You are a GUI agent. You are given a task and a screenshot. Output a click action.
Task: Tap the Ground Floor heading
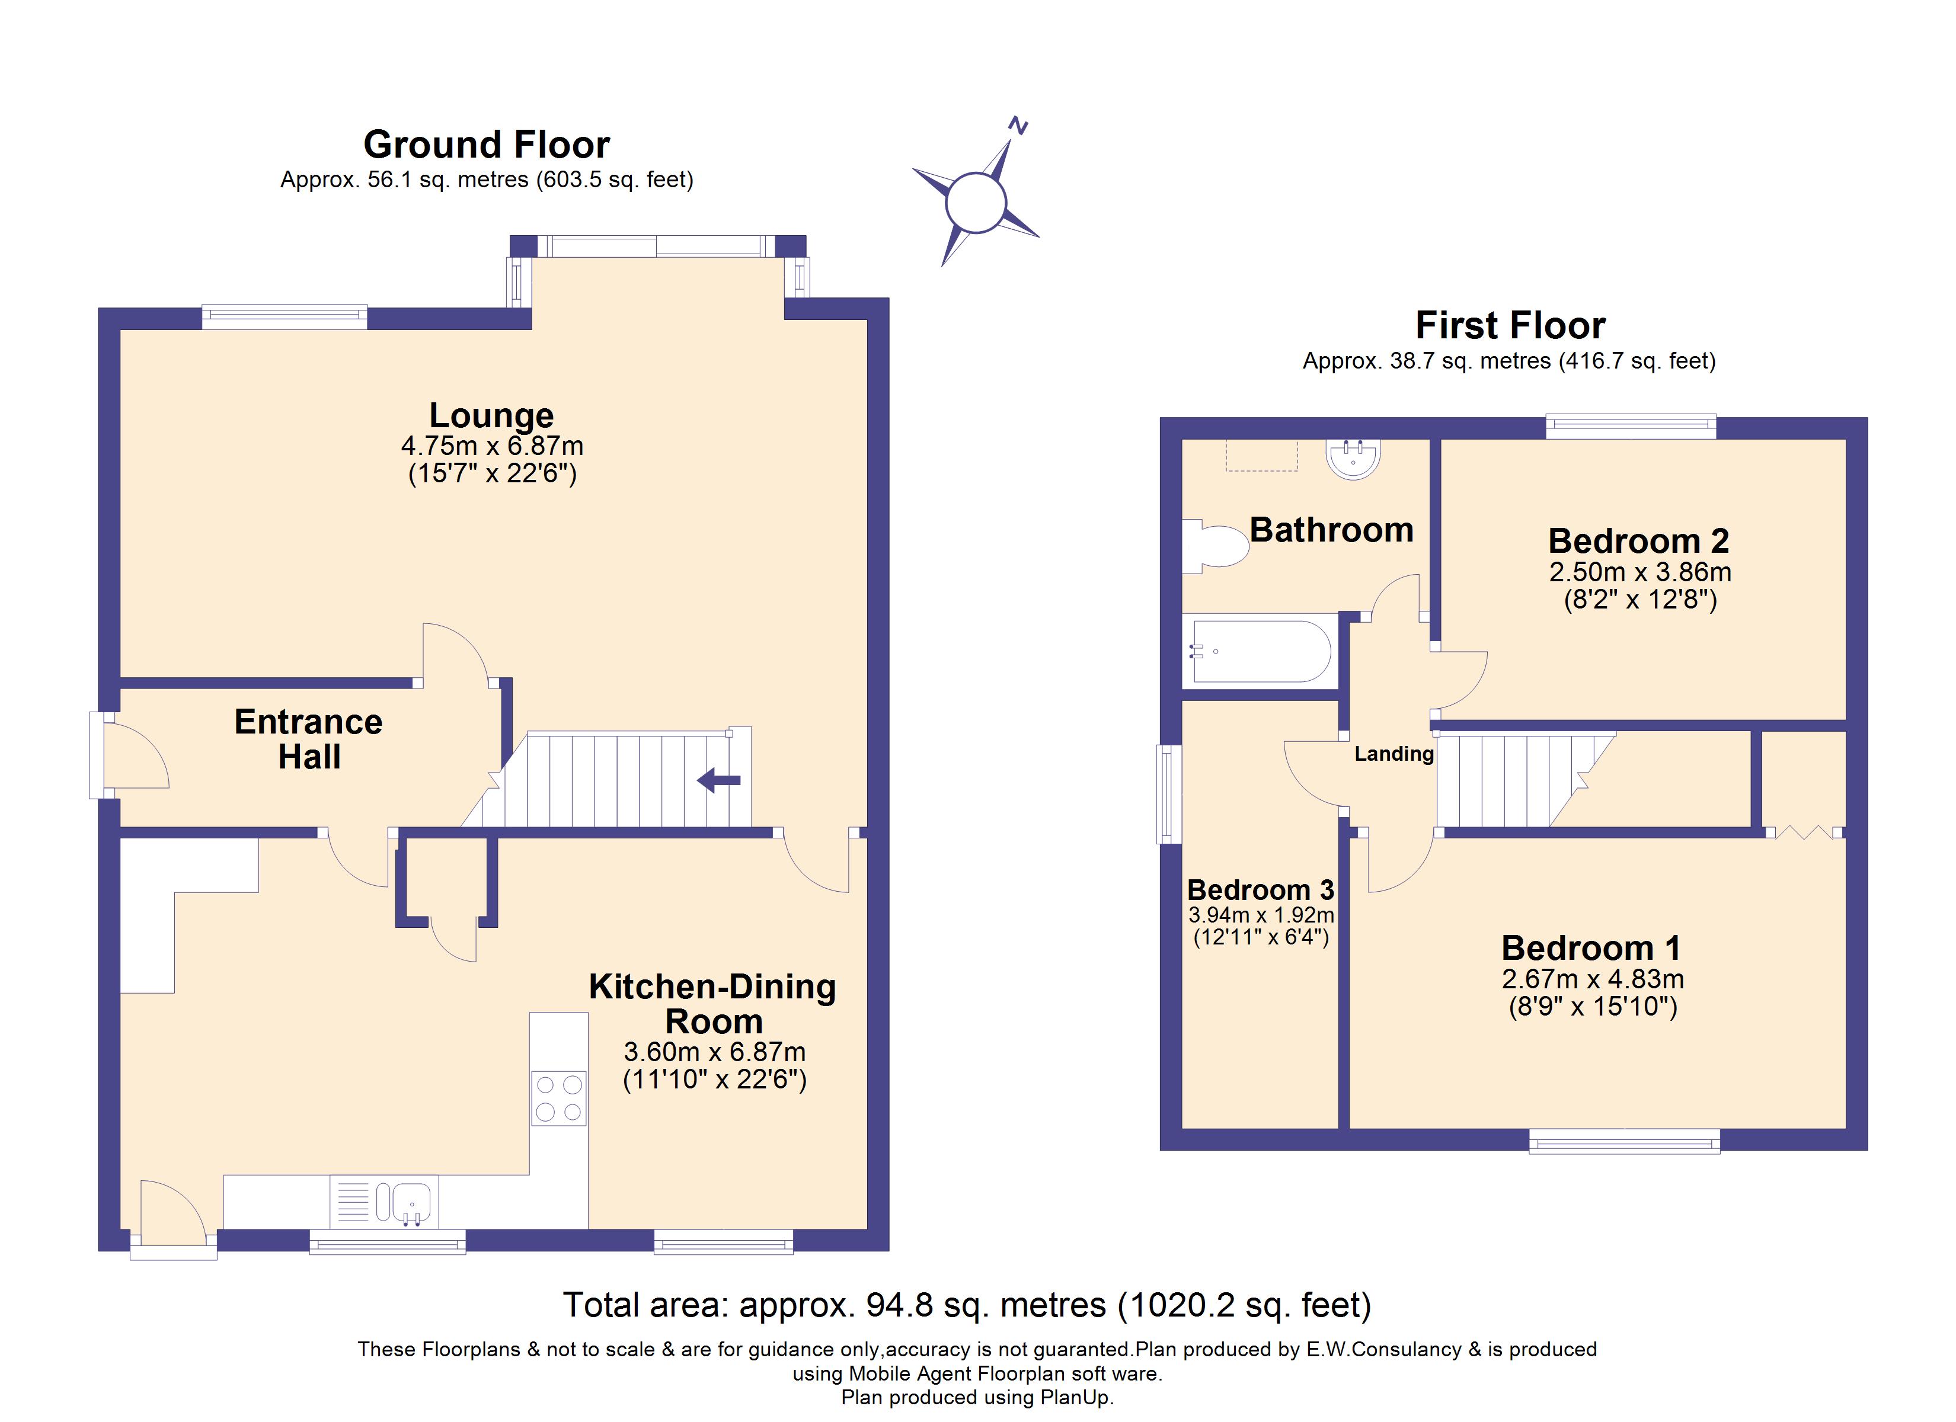(x=487, y=144)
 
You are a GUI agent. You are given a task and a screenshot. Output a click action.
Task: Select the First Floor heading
(x=1510, y=325)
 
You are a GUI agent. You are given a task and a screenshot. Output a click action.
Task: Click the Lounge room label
(x=491, y=415)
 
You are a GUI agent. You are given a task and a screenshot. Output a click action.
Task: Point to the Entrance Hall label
(x=309, y=739)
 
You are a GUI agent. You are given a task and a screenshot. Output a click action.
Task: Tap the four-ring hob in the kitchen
(x=559, y=1098)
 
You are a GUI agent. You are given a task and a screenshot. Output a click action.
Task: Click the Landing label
(x=1394, y=754)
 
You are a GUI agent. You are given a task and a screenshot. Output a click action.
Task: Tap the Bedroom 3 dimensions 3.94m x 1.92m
(x=1261, y=914)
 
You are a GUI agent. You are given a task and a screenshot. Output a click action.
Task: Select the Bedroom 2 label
(x=1639, y=541)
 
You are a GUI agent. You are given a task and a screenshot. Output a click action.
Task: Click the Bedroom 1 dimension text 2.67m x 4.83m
(x=1593, y=979)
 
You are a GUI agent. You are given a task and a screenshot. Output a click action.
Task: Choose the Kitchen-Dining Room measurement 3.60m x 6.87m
(x=714, y=1052)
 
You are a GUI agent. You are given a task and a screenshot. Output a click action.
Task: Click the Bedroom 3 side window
(x=1169, y=793)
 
